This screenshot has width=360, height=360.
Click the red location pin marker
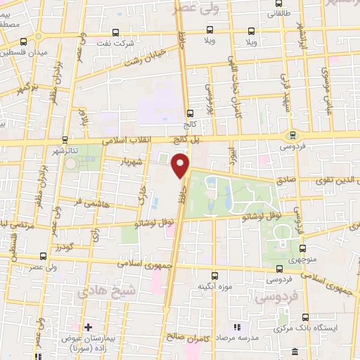pyautogui.click(x=181, y=166)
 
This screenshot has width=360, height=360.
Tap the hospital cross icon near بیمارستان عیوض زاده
pyautogui.click(x=88, y=327)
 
